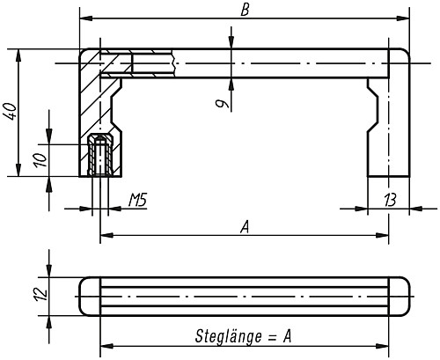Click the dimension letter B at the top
[245, 10]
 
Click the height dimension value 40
[11, 111]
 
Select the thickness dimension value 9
[222, 104]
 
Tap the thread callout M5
[137, 200]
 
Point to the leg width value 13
[390, 200]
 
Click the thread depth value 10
[40, 160]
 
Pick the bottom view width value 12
[40, 294]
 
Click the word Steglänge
[228, 336]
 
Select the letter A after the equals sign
[287, 336]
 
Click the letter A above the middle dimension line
[245, 227]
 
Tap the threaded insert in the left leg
[100, 155]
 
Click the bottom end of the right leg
[388, 176]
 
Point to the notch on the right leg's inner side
[373, 108]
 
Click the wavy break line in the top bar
[174, 63]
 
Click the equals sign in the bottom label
[272, 337]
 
